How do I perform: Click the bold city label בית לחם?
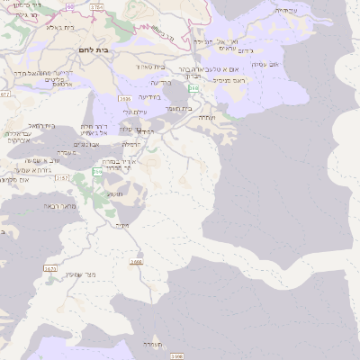click(94, 49)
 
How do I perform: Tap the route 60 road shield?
click(71, 5)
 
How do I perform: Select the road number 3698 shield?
click(137, 263)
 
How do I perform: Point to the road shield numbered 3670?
click(50, 268)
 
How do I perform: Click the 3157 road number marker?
click(62, 178)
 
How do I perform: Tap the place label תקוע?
click(114, 193)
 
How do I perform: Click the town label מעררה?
click(151, 344)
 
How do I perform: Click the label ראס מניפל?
click(229, 81)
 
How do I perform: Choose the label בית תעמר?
click(178, 108)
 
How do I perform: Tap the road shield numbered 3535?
click(124, 98)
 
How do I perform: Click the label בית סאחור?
click(151, 66)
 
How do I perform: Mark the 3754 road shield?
click(96, 7)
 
